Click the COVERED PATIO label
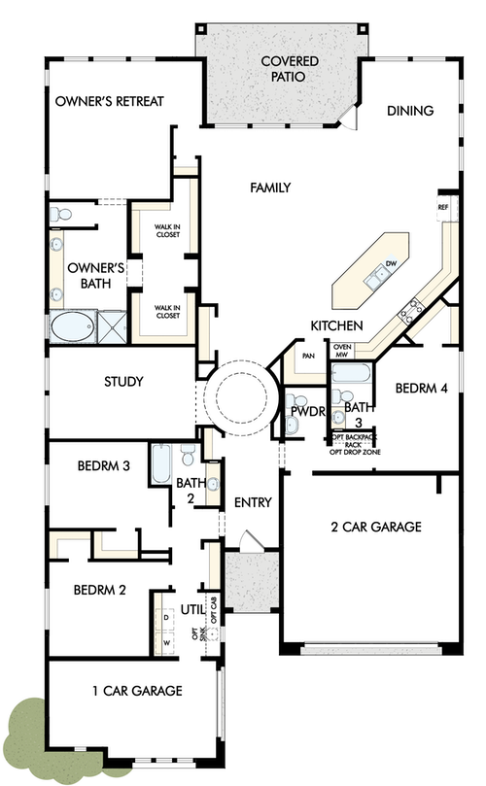[283, 68]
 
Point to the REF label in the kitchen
[443, 207]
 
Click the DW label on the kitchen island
[390, 263]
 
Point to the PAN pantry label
[308, 356]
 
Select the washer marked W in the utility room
[165, 641]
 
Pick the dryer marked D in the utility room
[165, 616]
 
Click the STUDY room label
[123, 382]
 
